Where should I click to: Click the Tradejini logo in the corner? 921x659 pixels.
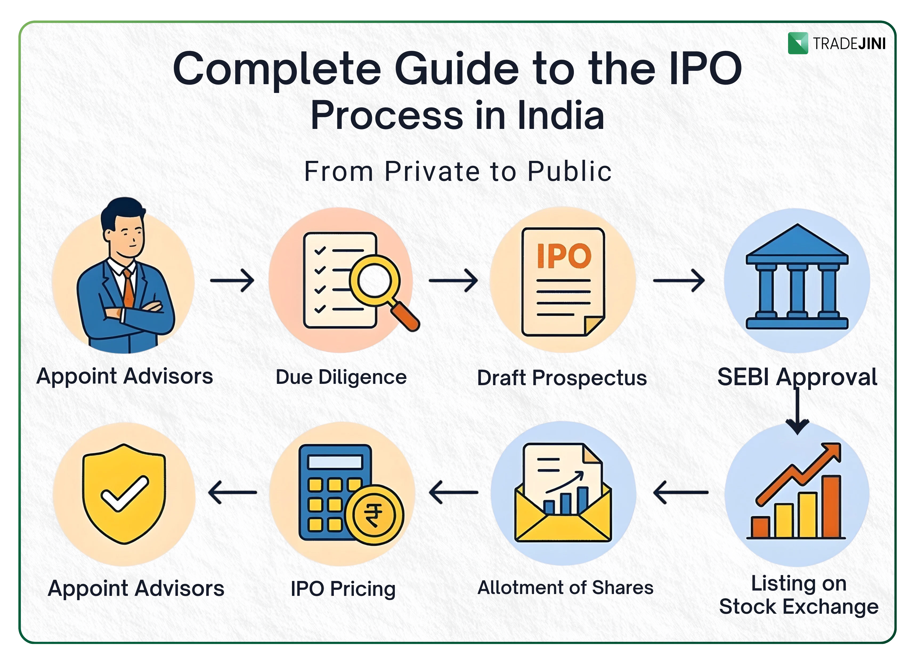tap(836, 43)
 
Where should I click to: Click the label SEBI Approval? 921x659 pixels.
tap(797, 377)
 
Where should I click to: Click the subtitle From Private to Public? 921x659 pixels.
tap(458, 171)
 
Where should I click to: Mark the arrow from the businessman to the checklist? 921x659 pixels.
tap(232, 280)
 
